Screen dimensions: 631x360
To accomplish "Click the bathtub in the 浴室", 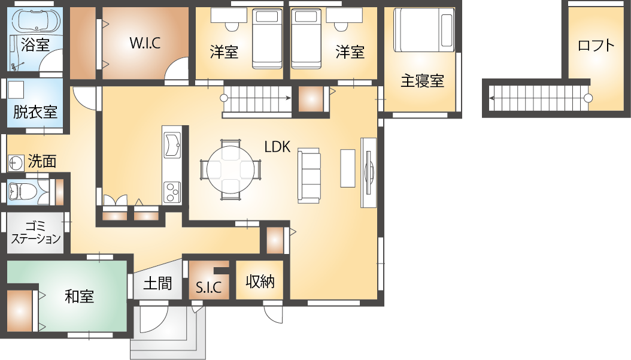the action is pyautogui.click(x=36, y=20).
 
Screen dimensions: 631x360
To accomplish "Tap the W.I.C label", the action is pyautogui.click(x=145, y=43).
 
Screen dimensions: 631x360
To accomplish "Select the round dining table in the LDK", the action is pyautogui.click(x=230, y=170).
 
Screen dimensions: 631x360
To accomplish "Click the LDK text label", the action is pyautogui.click(x=277, y=147).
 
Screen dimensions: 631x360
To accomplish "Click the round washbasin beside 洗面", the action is pyautogui.click(x=16, y=163).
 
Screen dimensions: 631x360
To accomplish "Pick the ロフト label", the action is pyautogui.click(x=596, y=46).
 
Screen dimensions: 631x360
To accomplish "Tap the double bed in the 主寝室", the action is pyautogui.click(x=423, y=30).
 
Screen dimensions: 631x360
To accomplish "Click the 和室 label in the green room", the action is pyautogui.click(x=79, y=297).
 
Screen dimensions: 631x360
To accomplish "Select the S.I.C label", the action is pyautogui.click(x=208, y=288).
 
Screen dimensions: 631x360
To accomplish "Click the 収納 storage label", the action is pyautogui.click(x=260, y=281).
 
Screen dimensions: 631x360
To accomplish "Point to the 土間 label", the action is pyautogui.click(x=158, y=283).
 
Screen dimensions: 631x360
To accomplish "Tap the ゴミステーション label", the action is pyautogui.click(x=36, y=233).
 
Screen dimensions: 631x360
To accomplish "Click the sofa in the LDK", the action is pyautogui.click(x=309, y=176).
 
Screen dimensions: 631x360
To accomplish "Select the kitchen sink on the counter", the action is pyautogui.click(x=172, y=144).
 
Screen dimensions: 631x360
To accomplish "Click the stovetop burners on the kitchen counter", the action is pyautogui.click(x=172, y=192).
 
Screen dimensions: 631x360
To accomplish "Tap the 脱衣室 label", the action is pyautogui.click(x=35, y=112).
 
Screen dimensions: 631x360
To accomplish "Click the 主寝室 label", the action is pyautogui.click(x=422, y=81).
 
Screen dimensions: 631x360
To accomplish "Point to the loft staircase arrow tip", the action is pyautogui.click(x=490, y=98).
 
